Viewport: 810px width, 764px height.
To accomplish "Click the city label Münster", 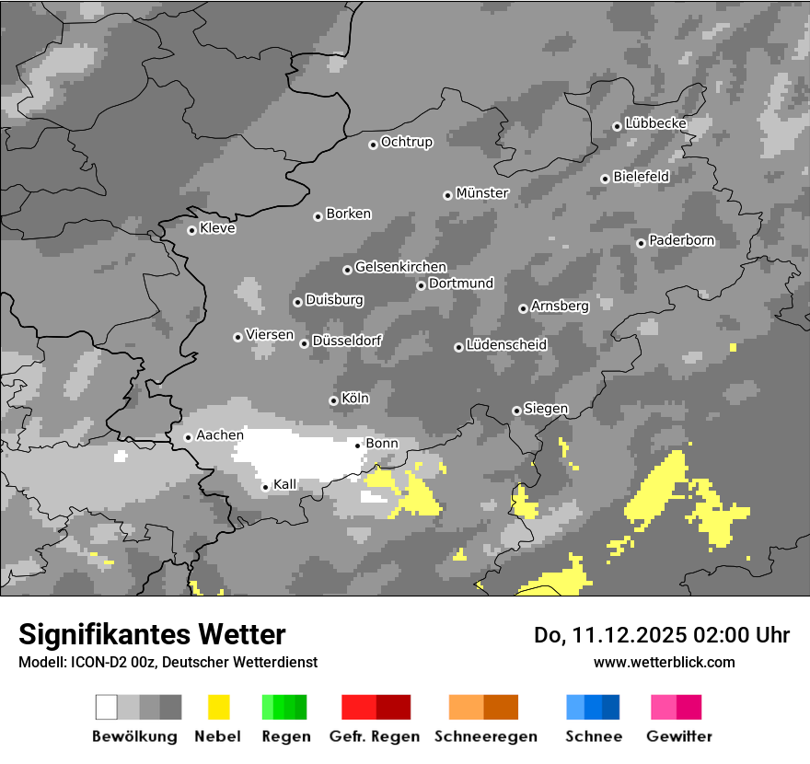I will click(x=482, y=193).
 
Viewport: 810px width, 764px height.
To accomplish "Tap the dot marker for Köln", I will click(x=333, y=400).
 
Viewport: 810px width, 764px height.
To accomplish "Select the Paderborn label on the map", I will click(x=681, y=240).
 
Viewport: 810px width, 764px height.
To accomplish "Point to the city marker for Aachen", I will click(x=188, y=437).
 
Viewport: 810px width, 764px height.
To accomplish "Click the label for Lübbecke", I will click(x=655, y=123).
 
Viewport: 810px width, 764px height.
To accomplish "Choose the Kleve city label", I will click(x=217, y=228).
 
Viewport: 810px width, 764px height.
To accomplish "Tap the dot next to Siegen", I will click(x=516, y=411).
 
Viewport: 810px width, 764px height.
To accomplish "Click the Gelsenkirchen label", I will click(x=400, y=267).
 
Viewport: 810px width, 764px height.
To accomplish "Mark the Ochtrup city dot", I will click(x=373, y=144).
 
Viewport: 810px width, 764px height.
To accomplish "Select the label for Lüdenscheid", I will click(x=506, y=344).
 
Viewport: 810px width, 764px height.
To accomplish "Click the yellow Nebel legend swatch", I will click(x=218, y=707).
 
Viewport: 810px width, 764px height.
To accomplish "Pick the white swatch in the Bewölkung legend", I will click(x=107, y=707).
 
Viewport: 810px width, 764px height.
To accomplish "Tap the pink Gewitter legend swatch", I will click(x=663, y=707).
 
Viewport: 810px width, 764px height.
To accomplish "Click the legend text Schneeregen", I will click(x=486, y=736).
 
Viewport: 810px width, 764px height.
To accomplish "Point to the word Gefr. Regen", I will click(x=375, y=736).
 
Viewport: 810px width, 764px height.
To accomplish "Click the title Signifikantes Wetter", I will click(x=152, y=634).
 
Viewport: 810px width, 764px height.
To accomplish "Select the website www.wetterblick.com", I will click(x=664, y=662).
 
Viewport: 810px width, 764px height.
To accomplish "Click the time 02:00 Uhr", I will click(x=730, y=635).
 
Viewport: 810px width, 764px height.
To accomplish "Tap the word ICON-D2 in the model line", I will click(x=94, y=662).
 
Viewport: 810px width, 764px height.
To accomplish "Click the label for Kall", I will click(x=285, y=484).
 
